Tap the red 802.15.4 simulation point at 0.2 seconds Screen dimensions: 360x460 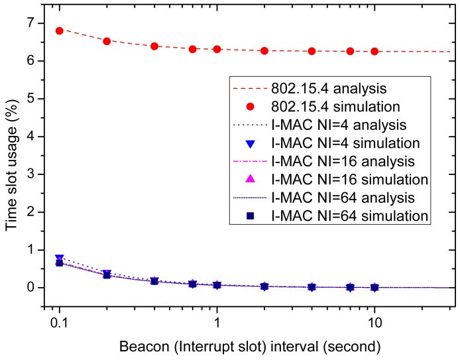107,41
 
